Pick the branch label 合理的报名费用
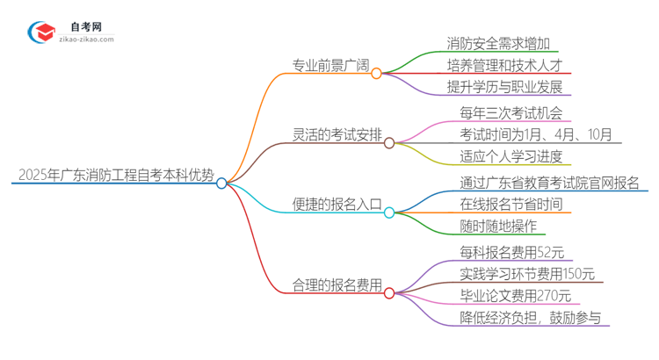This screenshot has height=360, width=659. click(337, 284)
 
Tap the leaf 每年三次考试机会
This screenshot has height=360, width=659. click(511, 113)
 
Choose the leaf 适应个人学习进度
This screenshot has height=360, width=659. click(511, 156)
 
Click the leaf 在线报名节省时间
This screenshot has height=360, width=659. click(511, 204)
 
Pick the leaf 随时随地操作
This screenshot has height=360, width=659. click(496, 226)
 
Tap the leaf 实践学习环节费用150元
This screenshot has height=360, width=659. click(527, 274)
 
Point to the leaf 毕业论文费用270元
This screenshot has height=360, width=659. click(515, 296)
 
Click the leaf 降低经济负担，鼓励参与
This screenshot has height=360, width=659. click(530, 317)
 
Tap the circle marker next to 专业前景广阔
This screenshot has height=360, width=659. click(376, 74)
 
